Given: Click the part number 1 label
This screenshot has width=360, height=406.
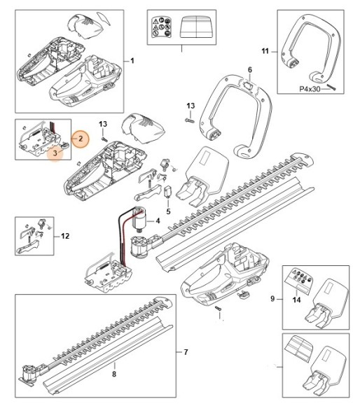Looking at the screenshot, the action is coord(132,61).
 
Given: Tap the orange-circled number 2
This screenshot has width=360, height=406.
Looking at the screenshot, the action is coord(81,139).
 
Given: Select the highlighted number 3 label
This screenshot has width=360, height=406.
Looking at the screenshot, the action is coord(55,153).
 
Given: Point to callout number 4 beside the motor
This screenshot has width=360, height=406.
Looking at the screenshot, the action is coord(158,221).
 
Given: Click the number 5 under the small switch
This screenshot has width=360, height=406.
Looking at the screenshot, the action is coord(168,211).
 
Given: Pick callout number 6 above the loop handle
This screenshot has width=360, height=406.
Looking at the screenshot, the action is coord(249,70).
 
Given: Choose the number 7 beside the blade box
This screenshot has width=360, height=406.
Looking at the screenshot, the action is coord(186,352).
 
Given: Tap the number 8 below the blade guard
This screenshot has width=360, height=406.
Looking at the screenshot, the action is coord(114,374).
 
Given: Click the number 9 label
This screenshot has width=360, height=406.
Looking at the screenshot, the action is coord(272,299).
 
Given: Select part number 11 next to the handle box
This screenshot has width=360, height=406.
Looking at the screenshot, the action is coord(265,51).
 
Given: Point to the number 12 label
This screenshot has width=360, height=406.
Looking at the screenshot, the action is coord(65,236).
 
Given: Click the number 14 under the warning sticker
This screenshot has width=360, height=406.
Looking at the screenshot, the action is coord(296,300).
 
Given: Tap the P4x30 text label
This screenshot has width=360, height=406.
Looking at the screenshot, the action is coord(310,89).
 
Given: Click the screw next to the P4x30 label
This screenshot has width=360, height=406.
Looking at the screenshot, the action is coord(331,87).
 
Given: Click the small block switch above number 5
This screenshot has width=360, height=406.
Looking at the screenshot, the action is coord(168,192).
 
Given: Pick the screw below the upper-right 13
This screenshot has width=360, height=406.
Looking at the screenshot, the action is coord(190,120).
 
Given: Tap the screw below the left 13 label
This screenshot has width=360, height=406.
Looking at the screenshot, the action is coord(104,139).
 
